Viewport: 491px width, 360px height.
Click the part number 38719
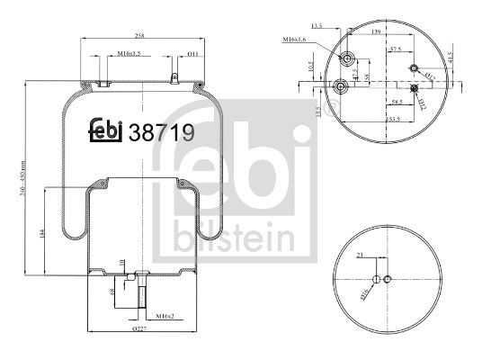pyautogui.click(x=164, y=132)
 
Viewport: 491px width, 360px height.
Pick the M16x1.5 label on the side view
pyautogui.click(x=128, y=54)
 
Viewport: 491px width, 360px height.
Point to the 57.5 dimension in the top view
pyautogui.click(x=395, y=51)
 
